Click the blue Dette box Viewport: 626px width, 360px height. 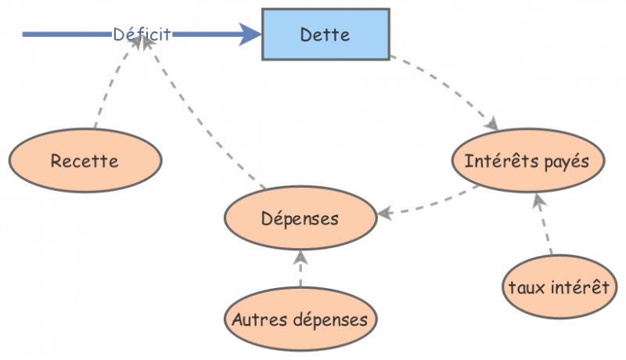pos(325,34)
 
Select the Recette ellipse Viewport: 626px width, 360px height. pos(85,162)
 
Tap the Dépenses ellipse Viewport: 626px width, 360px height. pos(300,218)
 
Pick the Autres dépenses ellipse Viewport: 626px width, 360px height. pos(300,319)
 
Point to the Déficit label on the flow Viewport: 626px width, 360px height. pos(142,34)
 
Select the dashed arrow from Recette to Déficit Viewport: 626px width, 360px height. pos(111,86)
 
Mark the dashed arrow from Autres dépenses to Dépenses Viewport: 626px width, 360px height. pos(300,272)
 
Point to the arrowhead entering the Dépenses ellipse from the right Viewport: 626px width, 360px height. pos(383,212)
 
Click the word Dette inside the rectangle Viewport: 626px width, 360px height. pos(325,34)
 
